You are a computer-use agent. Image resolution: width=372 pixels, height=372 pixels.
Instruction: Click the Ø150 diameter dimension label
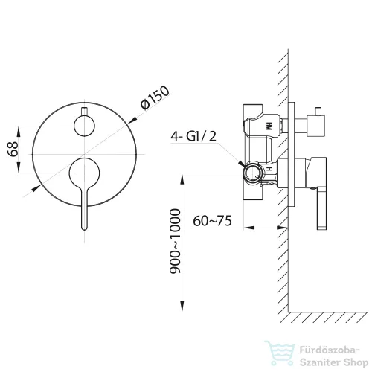coord(155,97)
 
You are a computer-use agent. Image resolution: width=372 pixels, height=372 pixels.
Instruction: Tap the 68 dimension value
coord(13,149)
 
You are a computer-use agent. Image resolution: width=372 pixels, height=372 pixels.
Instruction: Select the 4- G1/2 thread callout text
coord(193,136)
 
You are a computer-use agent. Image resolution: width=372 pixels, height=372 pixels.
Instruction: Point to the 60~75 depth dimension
coord(213,221)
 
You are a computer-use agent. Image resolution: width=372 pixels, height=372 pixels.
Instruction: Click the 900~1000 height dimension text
coord(175,241)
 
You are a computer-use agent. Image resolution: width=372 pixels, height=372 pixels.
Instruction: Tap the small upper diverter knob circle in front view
coord(84,126)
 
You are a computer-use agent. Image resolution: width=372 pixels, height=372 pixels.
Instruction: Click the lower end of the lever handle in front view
coord(85,228)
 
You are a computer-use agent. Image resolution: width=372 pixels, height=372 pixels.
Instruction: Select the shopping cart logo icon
coord(280,353)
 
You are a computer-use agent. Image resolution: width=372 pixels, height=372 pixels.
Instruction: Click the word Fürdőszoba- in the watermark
coord(330,350)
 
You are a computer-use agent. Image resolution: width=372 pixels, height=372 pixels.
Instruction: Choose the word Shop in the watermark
coord(356,362)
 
